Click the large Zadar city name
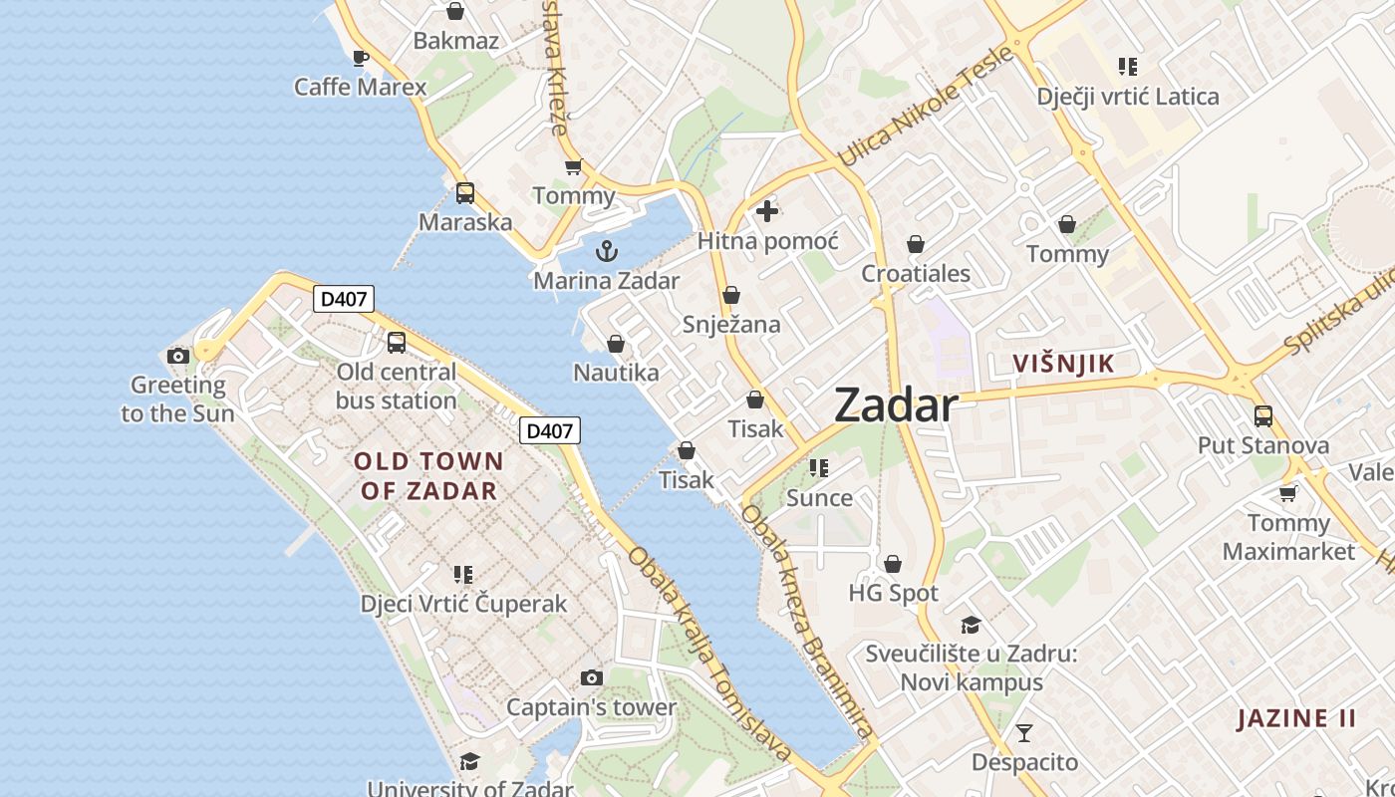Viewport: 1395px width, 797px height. [895, 405]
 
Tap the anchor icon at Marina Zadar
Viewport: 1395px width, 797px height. [607, 250]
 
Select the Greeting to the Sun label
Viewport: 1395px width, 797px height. [178, 398]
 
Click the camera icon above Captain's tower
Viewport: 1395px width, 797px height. [592, 677]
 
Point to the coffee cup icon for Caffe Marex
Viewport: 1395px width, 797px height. [361, 58]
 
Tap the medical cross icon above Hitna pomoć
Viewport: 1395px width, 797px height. [767, 210]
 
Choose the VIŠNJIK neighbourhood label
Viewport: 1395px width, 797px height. [1063, 364]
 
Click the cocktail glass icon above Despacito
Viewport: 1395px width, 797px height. [1024, 733]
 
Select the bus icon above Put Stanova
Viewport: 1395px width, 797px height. [1263, 415]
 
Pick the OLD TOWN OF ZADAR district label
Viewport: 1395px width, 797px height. [428, 476]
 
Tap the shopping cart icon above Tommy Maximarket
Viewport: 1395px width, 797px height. [1287, 493]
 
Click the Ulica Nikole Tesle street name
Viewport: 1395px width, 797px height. [926, 108]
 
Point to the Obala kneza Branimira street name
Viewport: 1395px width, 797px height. [807, 619]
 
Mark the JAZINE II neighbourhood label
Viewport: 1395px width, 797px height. [1296, 718]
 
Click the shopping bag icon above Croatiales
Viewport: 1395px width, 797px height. [916, 244]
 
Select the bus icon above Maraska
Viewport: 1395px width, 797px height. [465, 193]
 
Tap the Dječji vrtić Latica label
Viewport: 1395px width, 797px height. [1128, 97]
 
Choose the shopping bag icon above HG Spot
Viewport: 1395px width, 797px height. [893, 564]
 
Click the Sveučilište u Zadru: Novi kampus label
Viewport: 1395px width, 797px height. [972, 668]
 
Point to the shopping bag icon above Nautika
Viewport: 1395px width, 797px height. [616, 344]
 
